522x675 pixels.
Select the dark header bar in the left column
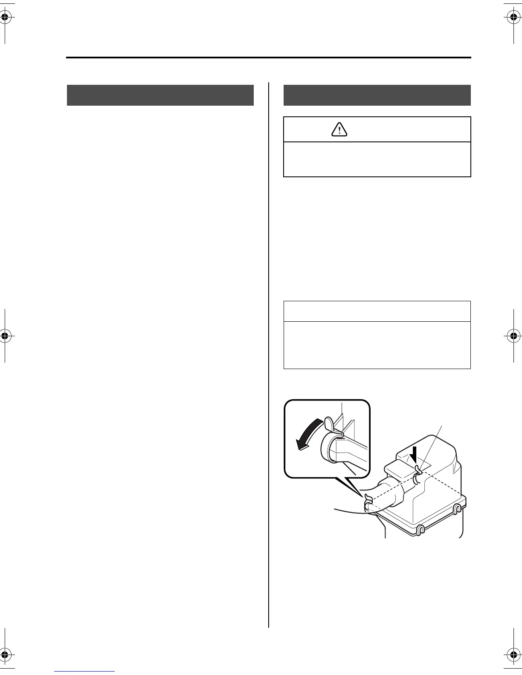pyautogui.click(x=160, y=95)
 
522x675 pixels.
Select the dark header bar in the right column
pyautogui.click(x=377, y=95)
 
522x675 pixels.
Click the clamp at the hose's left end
pyautogui.click(x=368, y=503)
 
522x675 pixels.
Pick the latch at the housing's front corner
pyautogui.click(x=420, y=530)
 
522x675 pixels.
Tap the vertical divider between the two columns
pyautogui.click(x=269, y=354)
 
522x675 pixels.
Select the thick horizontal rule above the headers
pyautogui.click(x=269, y=58)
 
